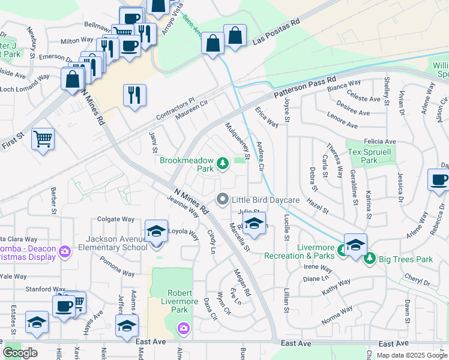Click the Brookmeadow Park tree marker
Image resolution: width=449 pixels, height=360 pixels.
[x=223, y=163]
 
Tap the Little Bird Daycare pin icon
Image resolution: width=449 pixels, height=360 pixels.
[x=223, y=199]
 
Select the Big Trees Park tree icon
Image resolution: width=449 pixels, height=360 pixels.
[x=370, y=259]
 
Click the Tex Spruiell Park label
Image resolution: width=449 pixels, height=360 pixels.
[x=370, y=155]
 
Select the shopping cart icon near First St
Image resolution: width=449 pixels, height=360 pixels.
[x=43, y=139]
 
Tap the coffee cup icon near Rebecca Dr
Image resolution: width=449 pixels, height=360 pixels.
[x=438, y=179]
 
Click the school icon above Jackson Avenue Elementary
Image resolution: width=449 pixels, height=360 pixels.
[x=156, y=230]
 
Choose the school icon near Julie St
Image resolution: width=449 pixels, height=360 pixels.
[x=255, y=223]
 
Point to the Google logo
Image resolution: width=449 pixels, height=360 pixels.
[x=20, y=352]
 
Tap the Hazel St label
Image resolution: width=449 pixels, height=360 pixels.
[x=318, y=204]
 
